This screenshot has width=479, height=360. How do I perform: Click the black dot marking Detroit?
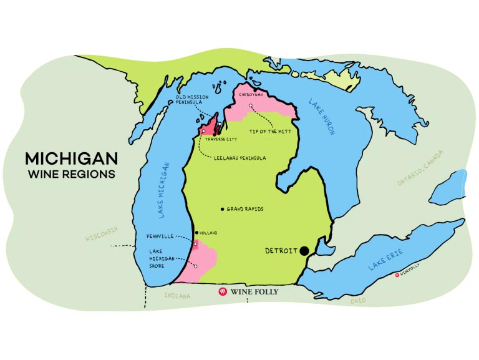[x=304, y=251]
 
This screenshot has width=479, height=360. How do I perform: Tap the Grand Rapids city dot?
[x=223, y=209]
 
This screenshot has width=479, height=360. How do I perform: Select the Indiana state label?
[x=177, y=296]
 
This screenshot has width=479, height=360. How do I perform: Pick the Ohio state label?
[x=358, y=301]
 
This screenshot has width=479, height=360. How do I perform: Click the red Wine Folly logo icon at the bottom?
[x=222, y=291]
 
